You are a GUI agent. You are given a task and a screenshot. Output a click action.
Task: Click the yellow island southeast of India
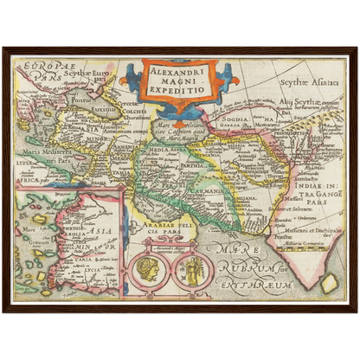pyautogui.click(x=331, y=282)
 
